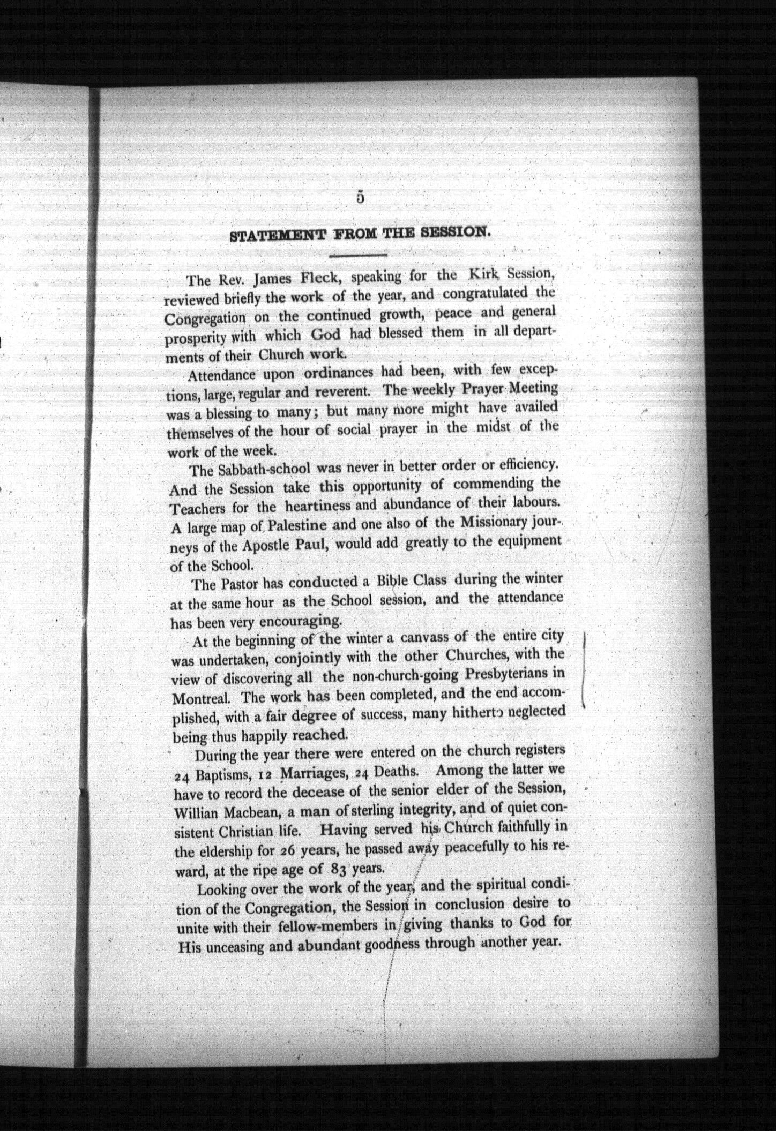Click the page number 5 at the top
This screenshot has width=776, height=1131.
pyautogui.click(x=360, y=197)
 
